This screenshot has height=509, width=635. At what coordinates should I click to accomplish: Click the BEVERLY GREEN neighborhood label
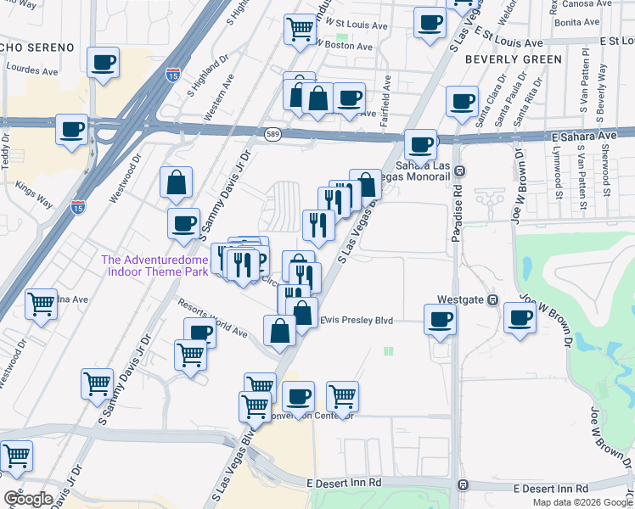coord(512,59)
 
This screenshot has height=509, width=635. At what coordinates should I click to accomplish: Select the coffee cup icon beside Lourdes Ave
coord(104,64)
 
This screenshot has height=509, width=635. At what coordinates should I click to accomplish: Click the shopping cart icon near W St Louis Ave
coord(299,29)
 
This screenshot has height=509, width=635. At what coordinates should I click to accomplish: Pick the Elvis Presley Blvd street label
coord(357,321)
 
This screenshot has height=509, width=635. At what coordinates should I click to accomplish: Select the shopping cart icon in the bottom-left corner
coord(15,456)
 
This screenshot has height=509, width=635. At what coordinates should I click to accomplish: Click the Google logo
coord(28,499)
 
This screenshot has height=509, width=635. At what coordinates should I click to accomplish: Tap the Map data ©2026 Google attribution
coord(582,502)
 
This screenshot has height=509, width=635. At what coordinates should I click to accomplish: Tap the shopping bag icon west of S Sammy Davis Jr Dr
coord(176,182)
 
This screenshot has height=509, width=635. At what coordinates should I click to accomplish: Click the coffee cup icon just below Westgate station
coord(440,320)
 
